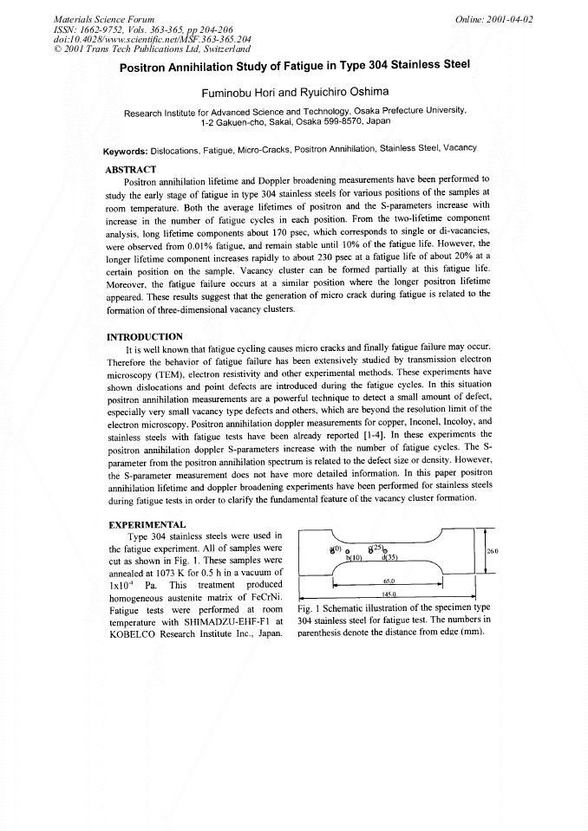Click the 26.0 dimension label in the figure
click(493, 550)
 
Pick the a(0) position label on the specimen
click(336, 549)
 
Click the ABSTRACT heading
click(130, 169)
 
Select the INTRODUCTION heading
click(144, 336)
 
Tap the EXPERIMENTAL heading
click(145, 525)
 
